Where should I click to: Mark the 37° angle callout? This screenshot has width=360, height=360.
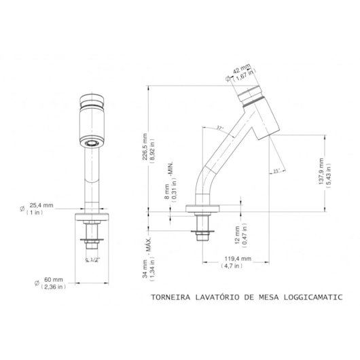[x=219, y=128]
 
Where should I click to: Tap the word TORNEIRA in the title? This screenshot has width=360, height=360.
[x=170, y=297]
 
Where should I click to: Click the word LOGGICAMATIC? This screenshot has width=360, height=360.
[x=313, y=297]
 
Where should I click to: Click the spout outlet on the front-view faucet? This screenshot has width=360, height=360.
[x=90, y=143]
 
